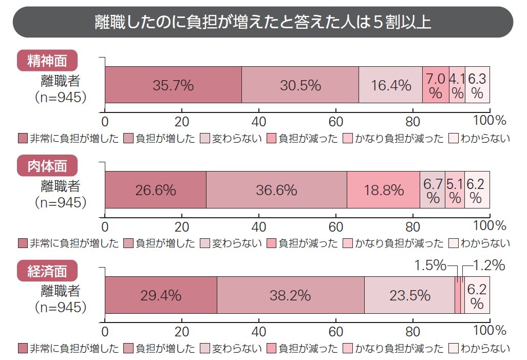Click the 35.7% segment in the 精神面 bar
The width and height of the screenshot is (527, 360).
173,85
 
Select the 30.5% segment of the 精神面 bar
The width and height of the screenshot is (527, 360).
300,85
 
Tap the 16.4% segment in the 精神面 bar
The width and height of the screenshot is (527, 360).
390,85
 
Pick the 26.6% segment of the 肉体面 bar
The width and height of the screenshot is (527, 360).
156,190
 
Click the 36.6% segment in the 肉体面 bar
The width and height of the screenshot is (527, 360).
276,190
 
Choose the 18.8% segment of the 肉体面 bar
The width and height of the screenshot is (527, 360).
383,190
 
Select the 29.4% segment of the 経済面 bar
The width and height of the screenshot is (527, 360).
161,295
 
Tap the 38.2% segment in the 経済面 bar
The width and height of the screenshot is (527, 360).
290,295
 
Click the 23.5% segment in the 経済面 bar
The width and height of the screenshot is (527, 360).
409,295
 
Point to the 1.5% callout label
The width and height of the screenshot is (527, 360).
430,266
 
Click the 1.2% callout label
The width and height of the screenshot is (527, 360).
488,266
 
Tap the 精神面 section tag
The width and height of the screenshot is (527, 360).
47,61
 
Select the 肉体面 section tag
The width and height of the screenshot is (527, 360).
47,165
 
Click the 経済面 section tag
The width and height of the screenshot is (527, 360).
47,271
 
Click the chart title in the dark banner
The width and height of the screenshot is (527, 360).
263,22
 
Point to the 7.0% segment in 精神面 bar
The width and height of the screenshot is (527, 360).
436,85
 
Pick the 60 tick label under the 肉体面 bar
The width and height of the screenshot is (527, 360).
335,226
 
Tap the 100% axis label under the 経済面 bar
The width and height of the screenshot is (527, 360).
490,331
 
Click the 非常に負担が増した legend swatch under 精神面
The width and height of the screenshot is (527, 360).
23,139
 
